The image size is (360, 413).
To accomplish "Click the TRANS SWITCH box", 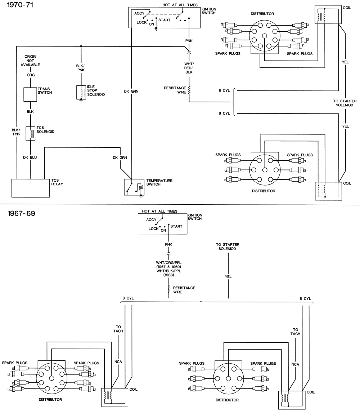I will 31,94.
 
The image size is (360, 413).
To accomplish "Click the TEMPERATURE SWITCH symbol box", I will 134,187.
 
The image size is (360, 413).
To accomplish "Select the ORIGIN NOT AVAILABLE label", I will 31,61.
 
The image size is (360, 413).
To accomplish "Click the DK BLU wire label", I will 31,157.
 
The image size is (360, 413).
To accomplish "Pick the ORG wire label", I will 31,75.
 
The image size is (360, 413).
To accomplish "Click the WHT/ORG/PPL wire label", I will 168,263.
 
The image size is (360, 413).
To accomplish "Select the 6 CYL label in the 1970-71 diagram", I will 224,114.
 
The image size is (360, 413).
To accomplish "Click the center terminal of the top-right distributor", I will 265,35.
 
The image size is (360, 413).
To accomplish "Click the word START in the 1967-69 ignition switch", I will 176,226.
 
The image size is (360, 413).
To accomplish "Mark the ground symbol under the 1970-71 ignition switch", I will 156,29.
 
